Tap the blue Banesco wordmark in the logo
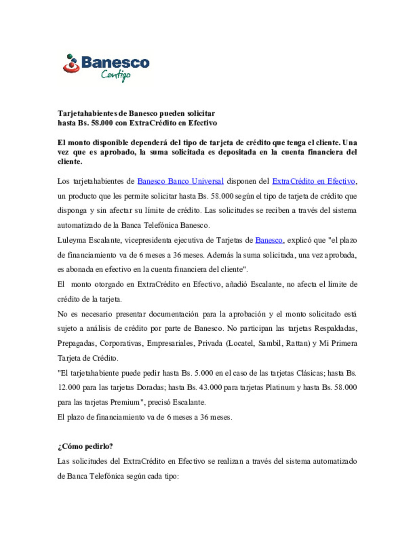coord(115,62)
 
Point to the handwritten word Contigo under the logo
coord(116,75)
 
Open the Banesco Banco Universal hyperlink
coord(180,181)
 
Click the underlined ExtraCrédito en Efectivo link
coord(314,181)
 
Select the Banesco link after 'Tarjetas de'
coord(269,240)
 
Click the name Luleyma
coord(71,240)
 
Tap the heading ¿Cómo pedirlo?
coord(85,446)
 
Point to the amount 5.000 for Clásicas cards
coord(203,373)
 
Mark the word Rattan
coord(297,343)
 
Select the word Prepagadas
coord(76,343)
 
